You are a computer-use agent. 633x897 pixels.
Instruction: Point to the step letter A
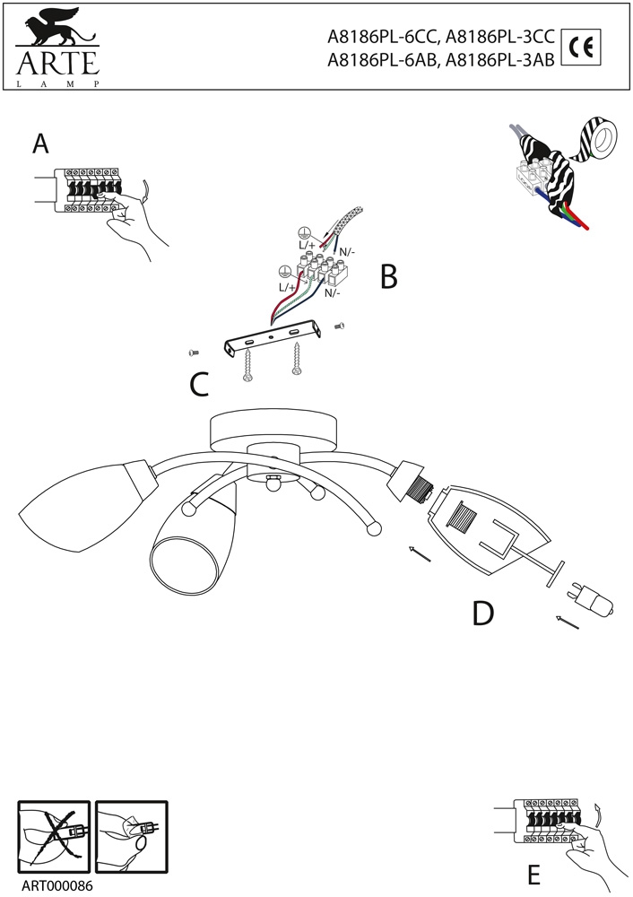click(x=39, y=144)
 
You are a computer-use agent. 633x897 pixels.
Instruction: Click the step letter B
click(x=387, y=277)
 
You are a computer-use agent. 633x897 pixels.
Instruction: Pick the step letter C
click(x=199, y=384)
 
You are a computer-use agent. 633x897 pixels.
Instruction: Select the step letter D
click(x=482, y=614)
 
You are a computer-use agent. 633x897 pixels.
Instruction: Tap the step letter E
click(x=533, y=874)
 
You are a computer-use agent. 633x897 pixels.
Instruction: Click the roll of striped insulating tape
click(x=597, y=139)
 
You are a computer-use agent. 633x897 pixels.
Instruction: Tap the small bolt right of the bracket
click(x=339, y=327)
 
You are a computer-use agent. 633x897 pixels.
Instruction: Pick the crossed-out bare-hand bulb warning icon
click(x=55, y=832)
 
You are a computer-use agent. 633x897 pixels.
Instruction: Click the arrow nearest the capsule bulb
click(x=566, y=621)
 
